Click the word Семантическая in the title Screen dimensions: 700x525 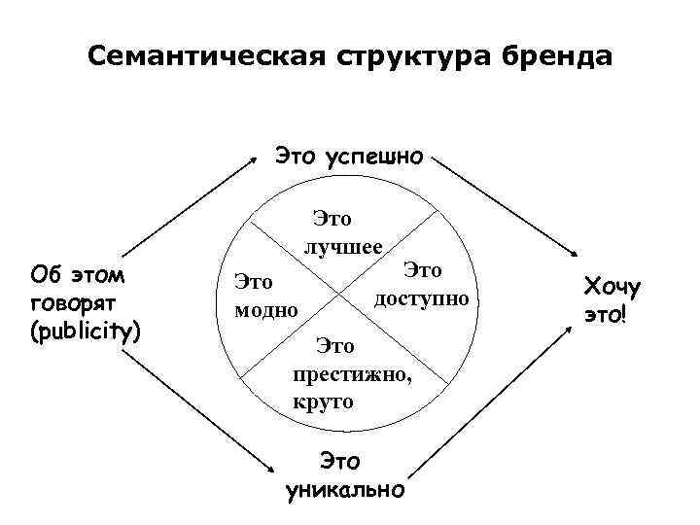click(x=198, y=55)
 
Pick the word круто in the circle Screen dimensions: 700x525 click(x=322, y=400)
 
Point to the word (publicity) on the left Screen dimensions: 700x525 click(x=86, y=331)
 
